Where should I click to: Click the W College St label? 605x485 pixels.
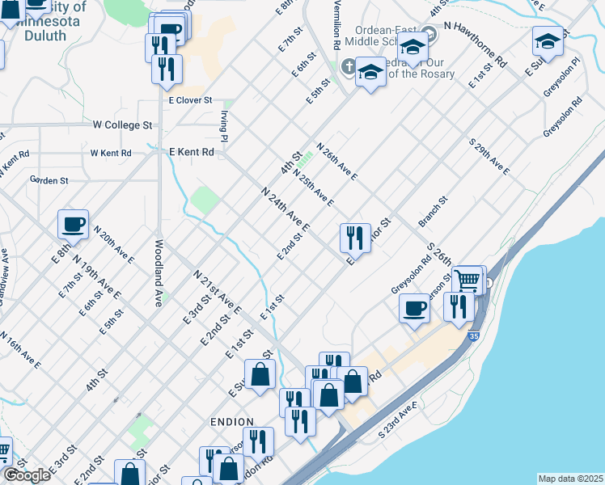tap(122, 125)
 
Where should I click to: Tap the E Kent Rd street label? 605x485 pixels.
tap(191, 151)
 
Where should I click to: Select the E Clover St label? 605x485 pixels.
tap(189, 100)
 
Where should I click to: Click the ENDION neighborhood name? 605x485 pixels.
tap(231, 422)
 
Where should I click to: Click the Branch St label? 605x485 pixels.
tap(433, 210)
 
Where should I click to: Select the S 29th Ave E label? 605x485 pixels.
tap(490, 155)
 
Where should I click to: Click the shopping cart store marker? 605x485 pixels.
tap(467, 281)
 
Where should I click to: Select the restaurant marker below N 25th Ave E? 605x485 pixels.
tap(354, 238)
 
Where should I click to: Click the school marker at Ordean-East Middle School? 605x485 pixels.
tap(412, 48)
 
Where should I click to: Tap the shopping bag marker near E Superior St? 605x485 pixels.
tap(260, 374)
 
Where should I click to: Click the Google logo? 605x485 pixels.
tap(27, 475)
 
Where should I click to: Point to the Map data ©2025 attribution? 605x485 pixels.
tap(570, 479)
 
